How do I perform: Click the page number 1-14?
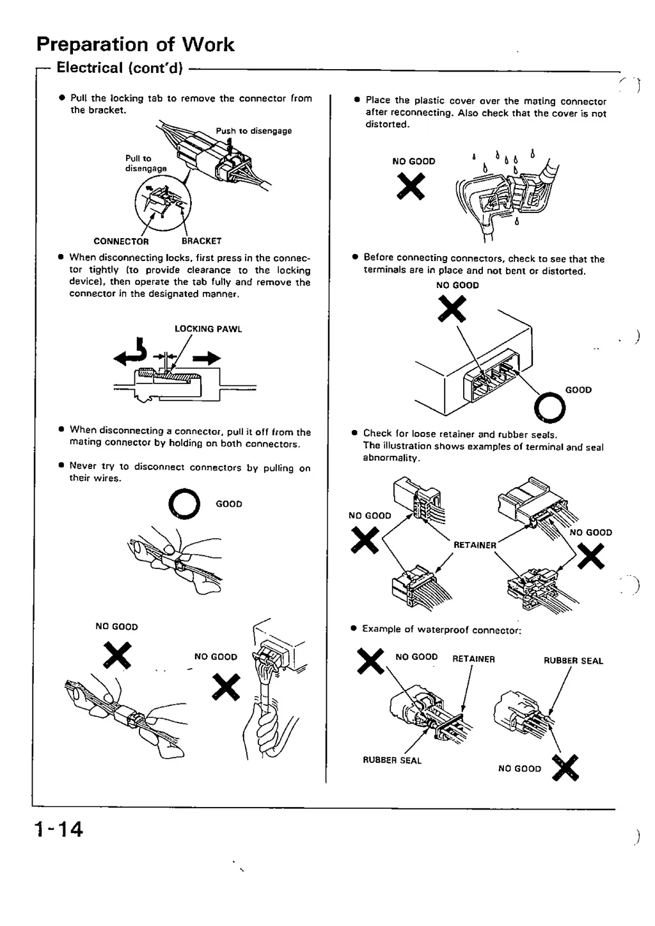tap(59, 829)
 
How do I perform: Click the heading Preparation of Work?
tap(135, 44)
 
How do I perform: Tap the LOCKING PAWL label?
tap(208, 329)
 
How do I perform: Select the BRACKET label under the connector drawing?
tap(201, 241)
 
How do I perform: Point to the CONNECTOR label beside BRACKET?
tap(121, 241)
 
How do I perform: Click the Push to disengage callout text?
tap(253, 131)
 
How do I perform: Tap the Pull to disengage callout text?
tap(145, 163)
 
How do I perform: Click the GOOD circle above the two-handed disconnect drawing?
tap(184, 505)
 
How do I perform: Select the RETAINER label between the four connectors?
tap(475, 545)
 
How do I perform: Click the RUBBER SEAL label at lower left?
tap(392, 761)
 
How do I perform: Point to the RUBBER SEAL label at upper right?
tap(573, 661)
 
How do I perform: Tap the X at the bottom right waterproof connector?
tap(565, 769)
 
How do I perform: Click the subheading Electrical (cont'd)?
tap(120, 68)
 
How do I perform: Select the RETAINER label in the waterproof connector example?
tap(473, 659)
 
